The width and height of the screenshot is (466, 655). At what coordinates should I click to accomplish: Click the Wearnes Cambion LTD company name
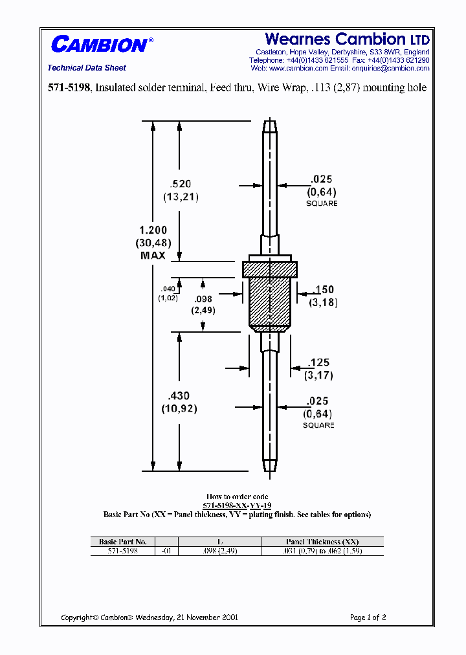coord(347,39)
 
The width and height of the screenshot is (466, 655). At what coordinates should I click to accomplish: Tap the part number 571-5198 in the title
coord(71,87)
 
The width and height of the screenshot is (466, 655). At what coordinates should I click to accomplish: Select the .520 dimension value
coord(177,184)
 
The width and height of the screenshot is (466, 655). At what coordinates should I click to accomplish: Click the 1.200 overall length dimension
coord(153,230)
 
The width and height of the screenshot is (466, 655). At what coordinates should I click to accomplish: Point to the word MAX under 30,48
coord(153,256)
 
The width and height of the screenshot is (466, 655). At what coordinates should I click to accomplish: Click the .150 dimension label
coord(322,290)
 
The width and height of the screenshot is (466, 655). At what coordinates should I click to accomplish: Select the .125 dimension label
coord(319,362)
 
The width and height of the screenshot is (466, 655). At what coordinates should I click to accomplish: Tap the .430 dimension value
coord(179,396)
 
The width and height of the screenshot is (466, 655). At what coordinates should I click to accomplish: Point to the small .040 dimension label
coord(167,289)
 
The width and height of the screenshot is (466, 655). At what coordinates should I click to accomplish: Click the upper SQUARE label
coord(322,203)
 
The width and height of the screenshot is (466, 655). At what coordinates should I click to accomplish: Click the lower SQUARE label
coord(318,425)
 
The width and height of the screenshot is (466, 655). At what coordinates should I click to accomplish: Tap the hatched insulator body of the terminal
coord(270,300)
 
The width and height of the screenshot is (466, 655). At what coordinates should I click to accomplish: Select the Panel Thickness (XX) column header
coord(322,542)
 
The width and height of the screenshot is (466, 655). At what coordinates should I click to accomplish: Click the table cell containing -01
coord(167,551)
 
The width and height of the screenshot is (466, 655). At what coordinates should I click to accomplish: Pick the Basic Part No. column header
coord(123,542)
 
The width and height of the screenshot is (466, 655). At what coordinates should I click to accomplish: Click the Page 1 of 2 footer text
coord(368,617)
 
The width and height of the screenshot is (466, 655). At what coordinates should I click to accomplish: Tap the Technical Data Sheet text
coord(87,68)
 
